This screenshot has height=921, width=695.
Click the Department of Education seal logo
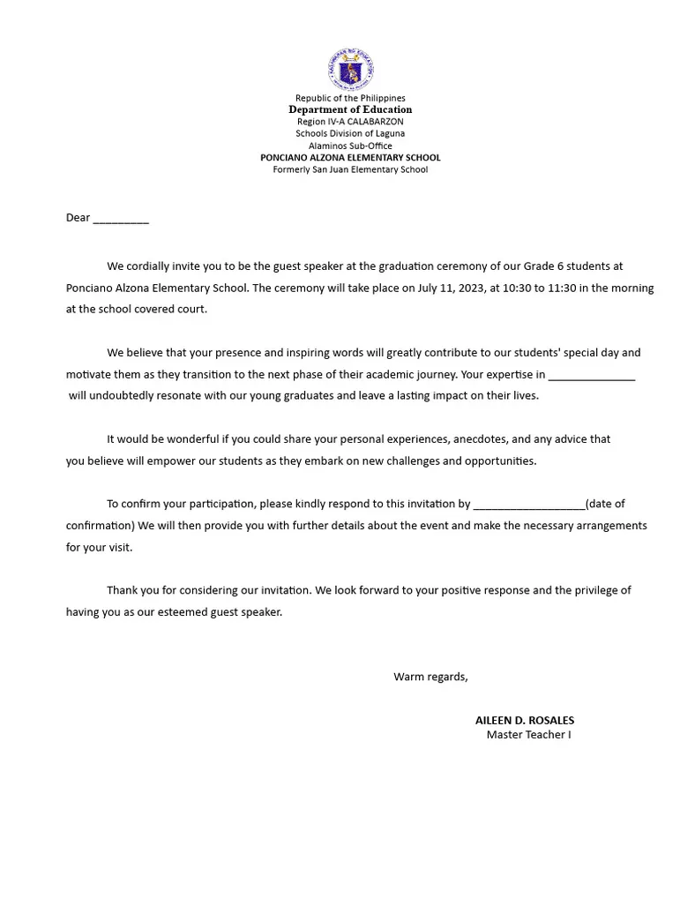pos(350,70)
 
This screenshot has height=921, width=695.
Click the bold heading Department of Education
pos(350,109)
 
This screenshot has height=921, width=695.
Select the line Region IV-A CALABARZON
pos(350,122)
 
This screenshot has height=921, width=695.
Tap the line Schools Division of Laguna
pos(350,133)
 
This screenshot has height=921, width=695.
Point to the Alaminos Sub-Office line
pos(350,146)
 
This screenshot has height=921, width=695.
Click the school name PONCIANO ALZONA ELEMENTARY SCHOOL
pos(350,157)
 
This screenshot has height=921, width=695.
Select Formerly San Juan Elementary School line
pos(350,169)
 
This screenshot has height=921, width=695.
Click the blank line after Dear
pos(121,220)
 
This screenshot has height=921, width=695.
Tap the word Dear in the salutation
pos(78,218)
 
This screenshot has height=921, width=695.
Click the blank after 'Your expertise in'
pos(591,376)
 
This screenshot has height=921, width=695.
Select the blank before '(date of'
pos(528,505)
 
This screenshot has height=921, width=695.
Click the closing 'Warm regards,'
pos(430,677)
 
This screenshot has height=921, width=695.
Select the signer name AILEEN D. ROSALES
pos(525,720)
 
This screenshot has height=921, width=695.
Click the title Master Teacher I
pos(528,735)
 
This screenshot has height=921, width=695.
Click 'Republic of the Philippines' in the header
pos(350,98)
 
